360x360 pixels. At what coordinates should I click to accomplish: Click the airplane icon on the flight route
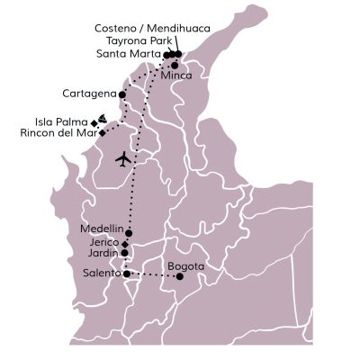[123, 160]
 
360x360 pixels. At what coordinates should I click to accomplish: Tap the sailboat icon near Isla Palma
[104, 118]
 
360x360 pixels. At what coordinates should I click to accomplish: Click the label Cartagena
[90, 93]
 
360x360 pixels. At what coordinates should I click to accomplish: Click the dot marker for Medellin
[130, 231]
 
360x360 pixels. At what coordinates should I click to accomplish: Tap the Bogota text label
[186, 265]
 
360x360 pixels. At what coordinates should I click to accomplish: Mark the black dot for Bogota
[179, 276]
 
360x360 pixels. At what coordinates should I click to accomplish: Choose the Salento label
[101, 273]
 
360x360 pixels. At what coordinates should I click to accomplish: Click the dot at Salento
[126, 273]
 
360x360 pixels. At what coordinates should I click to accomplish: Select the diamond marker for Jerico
[126, 243]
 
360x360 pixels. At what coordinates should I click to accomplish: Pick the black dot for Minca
[174, 65]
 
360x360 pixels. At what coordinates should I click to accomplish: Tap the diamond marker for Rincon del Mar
[89, 132]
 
